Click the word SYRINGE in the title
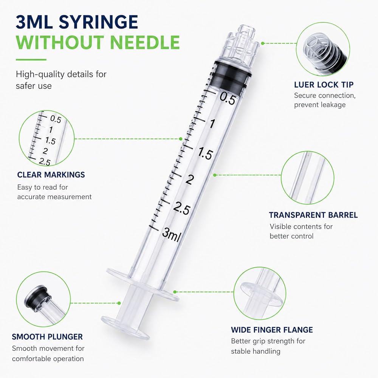click(x=98, y=22)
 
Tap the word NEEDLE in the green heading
click(x=145, y=42)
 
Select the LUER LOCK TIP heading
click(x=324, y=85)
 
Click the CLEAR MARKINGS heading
click(x=51, y=175)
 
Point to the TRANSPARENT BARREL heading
click(x=313, y=215)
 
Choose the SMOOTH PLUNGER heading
click(x=47, y=336)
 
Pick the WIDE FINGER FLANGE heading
click(x=272, y=330)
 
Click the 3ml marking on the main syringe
click(x=171, y=235)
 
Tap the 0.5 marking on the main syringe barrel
click(x=227, y=98)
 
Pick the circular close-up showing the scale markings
click(x=46, y=138)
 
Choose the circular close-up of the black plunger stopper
click(x=43, y=299)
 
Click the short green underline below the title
click(x=31, y=60)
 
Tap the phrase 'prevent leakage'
click(x=320, y=105)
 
